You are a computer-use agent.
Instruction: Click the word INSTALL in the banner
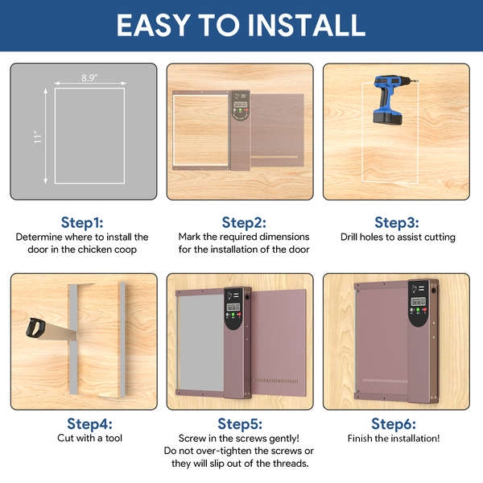click(306, 25)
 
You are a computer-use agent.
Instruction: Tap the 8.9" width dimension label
click(89, 78)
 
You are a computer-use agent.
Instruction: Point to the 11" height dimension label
click(38, 136)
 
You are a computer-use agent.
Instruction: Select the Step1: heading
click(82, 222)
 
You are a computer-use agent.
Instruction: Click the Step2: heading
click(244, 222)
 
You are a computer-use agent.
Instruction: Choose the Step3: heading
click(397, 222)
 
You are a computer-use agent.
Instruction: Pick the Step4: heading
click(89, 424)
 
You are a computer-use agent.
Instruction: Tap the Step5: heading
click(240, 424)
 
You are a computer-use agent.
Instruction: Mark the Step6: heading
click(394, 424)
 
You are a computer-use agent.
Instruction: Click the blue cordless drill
click(390, 99)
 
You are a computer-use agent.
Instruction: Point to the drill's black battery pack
click(387, 118)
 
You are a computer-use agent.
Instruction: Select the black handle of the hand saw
click(35, 328)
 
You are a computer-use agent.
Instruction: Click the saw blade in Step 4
click(59, 332)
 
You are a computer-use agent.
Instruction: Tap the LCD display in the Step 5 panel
click(233, 308)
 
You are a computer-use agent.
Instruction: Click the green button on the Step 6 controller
click(418, 310)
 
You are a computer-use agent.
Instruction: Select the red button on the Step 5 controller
click(239, 315)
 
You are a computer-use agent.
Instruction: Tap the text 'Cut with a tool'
click(89, 438)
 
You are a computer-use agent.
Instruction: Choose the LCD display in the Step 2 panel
click(240, 104)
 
